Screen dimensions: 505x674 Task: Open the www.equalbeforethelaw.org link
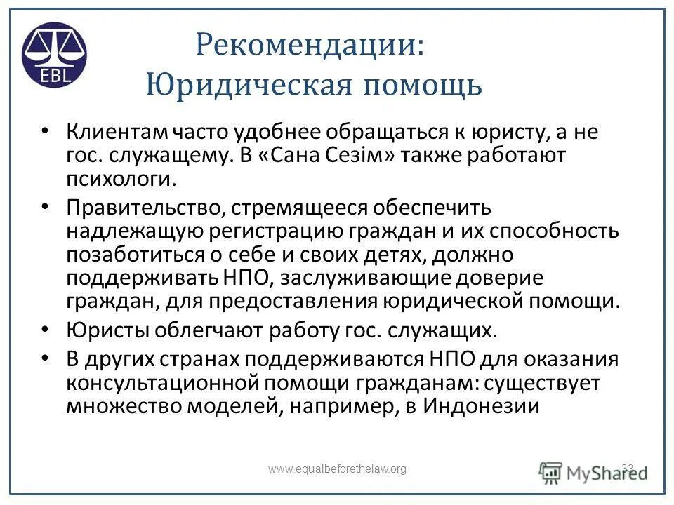pyautogui.click(x=338, y=469)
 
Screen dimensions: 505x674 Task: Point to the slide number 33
pyautogui.click(x=628, y=468)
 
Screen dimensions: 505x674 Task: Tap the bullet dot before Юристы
pyautogui.click(x=46, y=328)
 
